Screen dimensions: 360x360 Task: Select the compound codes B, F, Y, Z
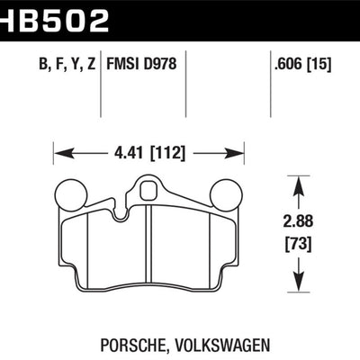(x=54, y=65)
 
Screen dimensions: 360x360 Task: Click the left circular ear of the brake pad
(x=68, y=193)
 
